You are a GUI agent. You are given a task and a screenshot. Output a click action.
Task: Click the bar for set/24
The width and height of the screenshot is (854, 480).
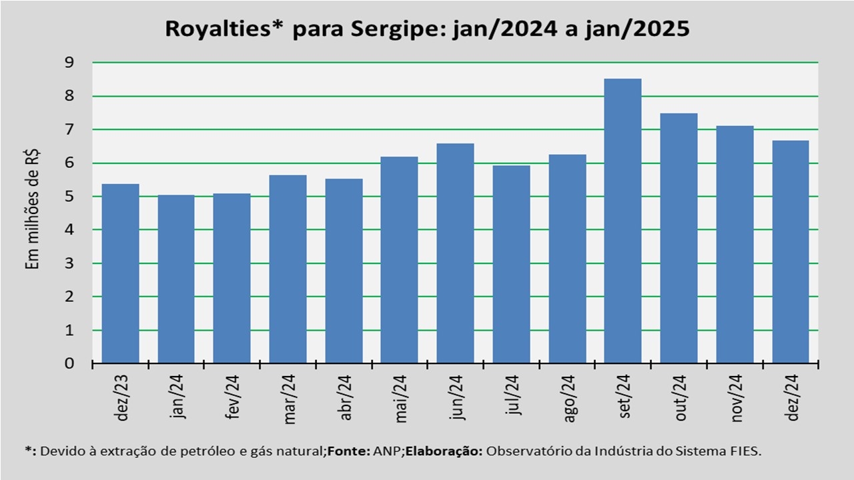622,221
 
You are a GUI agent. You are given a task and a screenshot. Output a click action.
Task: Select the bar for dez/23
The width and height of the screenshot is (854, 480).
120,273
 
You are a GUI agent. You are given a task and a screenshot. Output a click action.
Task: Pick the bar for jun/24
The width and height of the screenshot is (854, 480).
455,253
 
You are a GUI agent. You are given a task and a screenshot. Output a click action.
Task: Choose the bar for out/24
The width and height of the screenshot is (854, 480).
679,238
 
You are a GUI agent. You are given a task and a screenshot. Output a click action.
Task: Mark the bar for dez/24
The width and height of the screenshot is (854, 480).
790,252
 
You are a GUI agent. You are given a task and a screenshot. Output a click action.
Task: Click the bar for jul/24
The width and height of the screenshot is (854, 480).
511,264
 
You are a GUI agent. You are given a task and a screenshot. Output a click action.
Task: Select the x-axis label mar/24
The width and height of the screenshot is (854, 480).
290,398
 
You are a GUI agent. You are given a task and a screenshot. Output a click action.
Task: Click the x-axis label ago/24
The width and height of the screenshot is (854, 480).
569,398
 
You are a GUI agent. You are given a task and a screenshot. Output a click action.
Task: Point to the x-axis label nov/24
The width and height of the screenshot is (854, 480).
737,398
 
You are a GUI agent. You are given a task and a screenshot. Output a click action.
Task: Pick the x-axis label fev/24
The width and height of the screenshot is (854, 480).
234,398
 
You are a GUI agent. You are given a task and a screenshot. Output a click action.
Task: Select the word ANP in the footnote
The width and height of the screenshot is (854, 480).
390,451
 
